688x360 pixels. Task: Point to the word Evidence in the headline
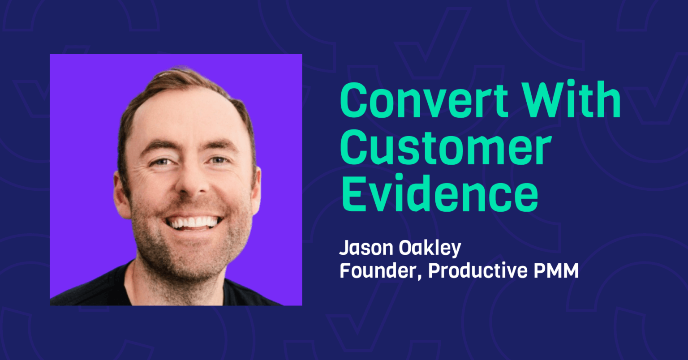coord(439,195)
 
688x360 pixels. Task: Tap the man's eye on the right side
coord(219,160)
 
